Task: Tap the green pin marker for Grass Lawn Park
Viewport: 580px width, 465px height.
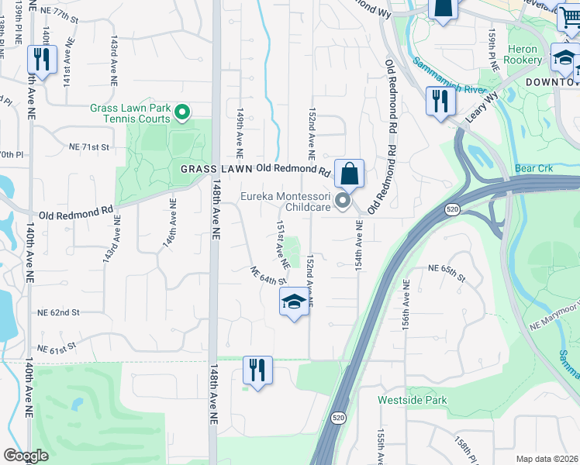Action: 182,114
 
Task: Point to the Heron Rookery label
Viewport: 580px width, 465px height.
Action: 523,54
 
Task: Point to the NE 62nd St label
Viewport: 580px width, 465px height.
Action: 59,312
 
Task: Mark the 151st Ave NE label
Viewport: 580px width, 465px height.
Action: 283,244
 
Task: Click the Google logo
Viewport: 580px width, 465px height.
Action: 26,456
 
